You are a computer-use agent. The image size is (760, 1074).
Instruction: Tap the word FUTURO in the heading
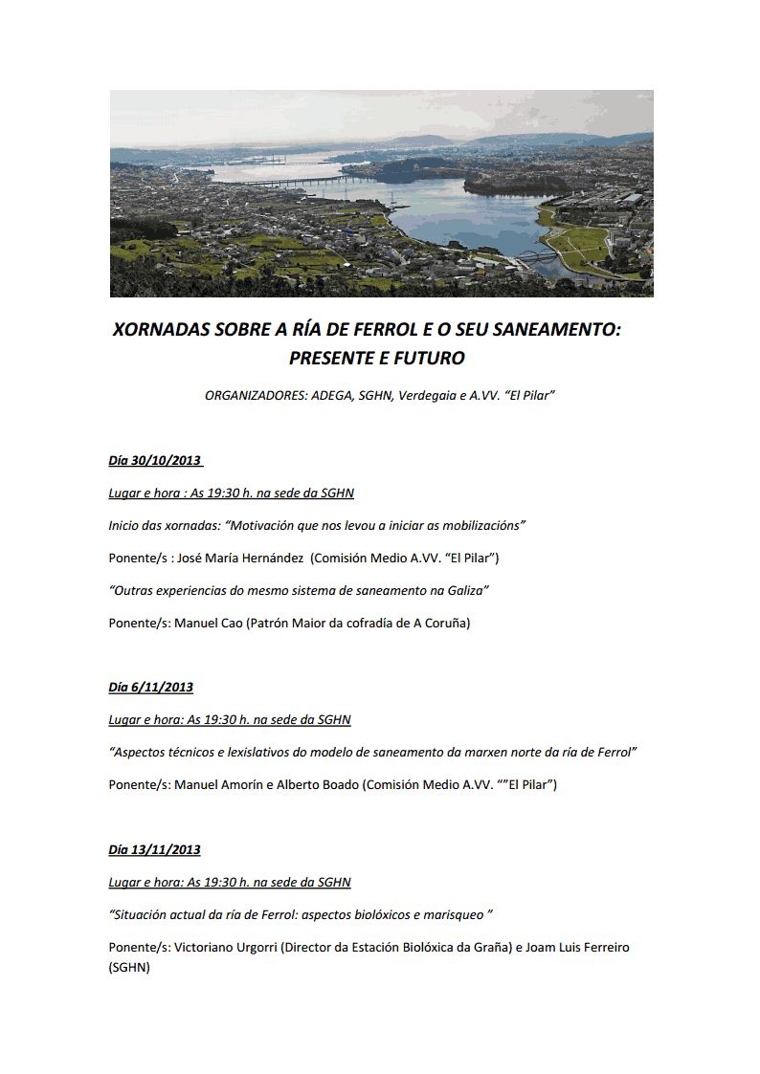(427, 359)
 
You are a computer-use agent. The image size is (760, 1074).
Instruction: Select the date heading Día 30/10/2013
(154, 460)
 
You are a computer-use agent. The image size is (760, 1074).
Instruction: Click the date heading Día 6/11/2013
(150, 687)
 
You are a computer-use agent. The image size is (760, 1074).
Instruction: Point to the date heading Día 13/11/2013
(154, 849)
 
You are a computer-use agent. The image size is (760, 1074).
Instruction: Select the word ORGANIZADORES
(256, 394)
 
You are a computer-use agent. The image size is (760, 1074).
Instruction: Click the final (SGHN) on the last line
(129, 967)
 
